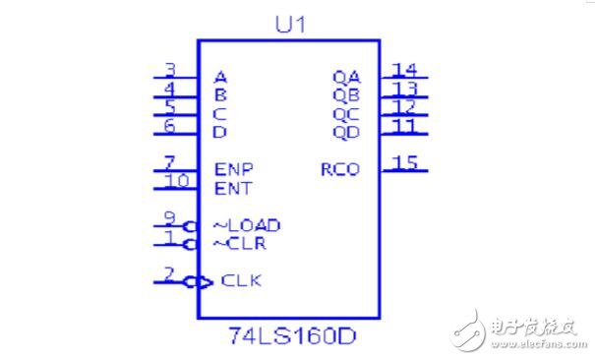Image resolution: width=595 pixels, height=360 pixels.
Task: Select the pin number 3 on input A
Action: point(169,70)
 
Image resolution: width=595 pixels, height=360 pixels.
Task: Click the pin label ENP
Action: point(233,169)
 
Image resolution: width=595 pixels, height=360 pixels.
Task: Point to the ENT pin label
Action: point(233,188)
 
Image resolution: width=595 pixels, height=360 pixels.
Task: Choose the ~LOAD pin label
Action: point(247,225)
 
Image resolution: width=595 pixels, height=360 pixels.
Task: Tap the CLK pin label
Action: point(241,280)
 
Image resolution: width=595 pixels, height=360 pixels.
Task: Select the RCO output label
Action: point(340,169)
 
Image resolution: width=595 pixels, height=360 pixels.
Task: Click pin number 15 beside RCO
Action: point(403,161)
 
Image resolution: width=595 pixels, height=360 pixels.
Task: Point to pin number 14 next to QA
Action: point(403,69)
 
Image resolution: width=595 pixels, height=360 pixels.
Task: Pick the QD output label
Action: point(346,132)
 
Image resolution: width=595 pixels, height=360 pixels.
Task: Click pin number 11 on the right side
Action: point(403,125)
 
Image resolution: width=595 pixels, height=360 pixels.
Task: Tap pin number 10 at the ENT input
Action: point(176,180)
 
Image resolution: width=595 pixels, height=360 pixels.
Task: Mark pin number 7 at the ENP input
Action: point(169,162)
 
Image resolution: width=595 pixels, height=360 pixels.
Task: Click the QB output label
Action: point(346,95)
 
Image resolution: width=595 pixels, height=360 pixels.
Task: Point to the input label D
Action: point(220,132)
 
